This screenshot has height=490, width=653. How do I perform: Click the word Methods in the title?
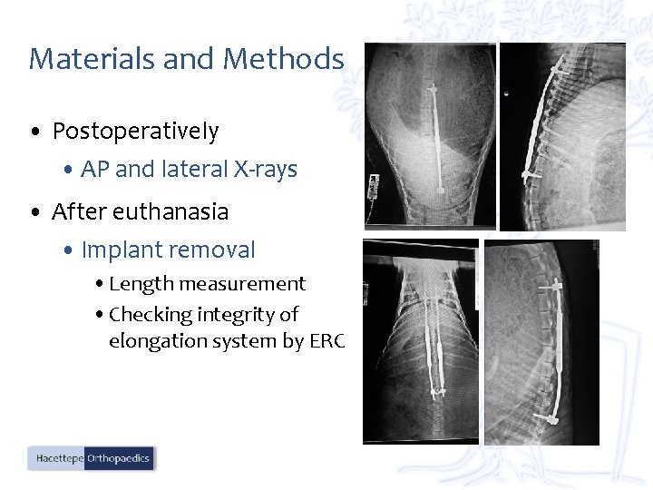pyautogui.click(x=283, y=59)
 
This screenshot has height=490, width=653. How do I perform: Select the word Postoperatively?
pyautogui.click(x=135, y=132)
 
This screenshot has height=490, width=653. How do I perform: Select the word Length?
pyautogui.click(x=141, y=284)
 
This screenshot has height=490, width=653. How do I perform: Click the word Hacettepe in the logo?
pyautogui.click(x=59, y=458)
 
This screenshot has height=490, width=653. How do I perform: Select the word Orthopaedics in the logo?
pyautogui.click(x=119, y=458)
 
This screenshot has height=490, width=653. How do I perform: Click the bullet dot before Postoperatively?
pyautogui.click(x=34, y=133)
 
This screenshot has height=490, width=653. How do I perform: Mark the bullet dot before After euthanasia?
pyautogui.click(x=34, y=213)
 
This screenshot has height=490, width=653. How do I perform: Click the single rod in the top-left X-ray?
pyautogui.click(x=436, y=136)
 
